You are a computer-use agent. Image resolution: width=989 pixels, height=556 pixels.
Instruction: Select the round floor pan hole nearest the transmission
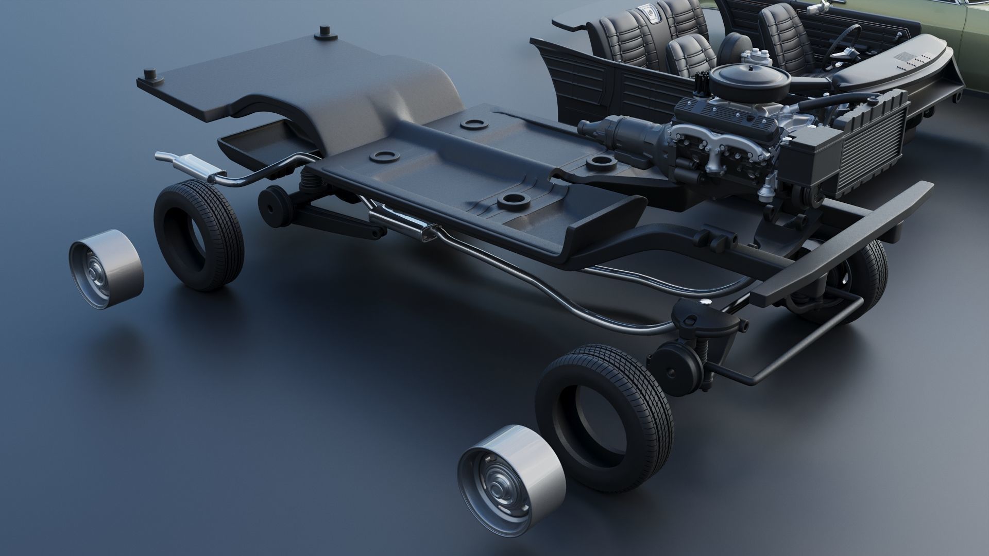point(599,161)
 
